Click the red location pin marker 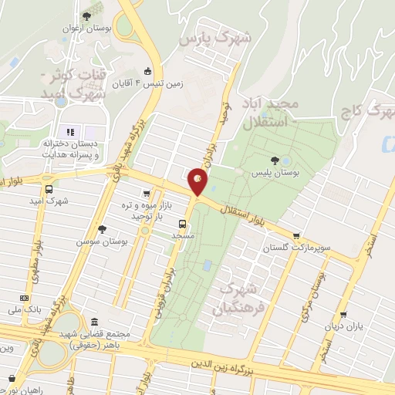(x=198, y=183)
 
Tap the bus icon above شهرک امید (x=49, y=188)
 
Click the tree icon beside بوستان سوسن (x=102, y=228)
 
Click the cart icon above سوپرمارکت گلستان (x=297, y=236)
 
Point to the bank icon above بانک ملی (x=25, y=298)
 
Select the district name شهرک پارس (x=204, y=38)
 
